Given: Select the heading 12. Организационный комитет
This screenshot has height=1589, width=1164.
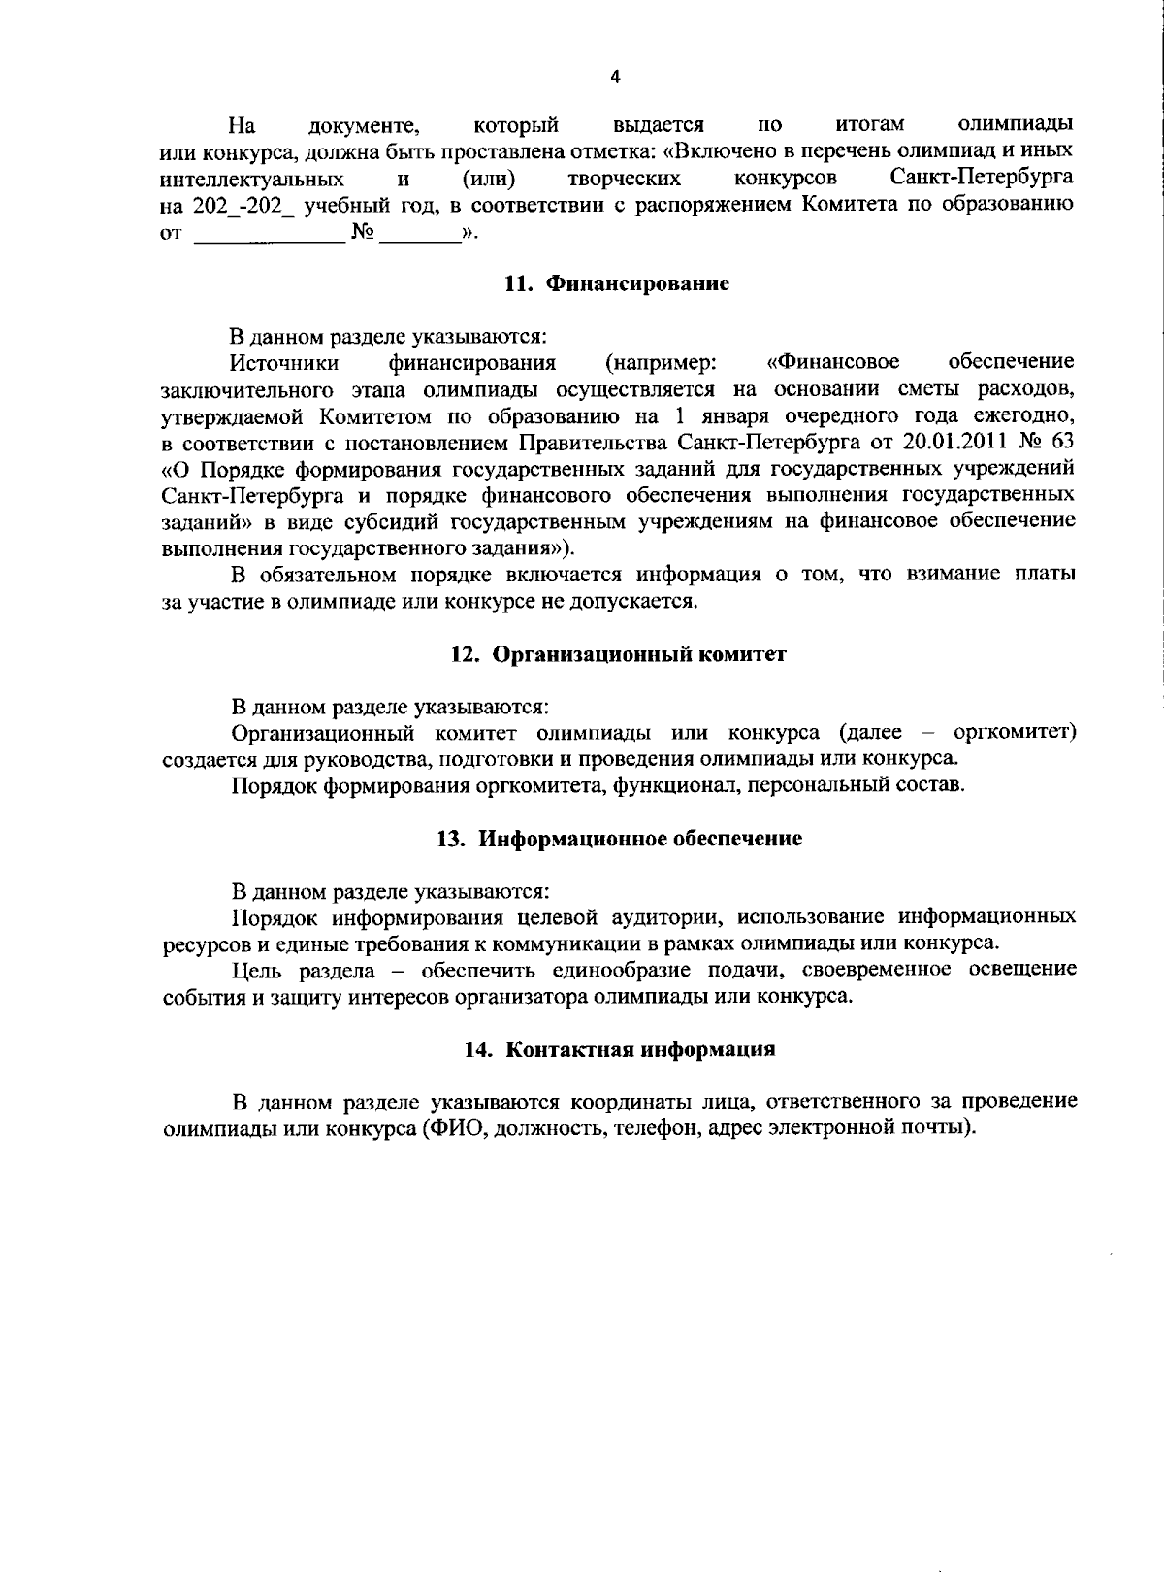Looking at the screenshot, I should pos(618,654).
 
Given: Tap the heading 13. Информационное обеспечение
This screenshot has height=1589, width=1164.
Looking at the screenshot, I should pos(619,839).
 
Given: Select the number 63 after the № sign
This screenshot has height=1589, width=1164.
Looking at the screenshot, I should pos(1060,443).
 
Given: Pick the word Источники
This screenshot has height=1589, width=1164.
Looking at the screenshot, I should pos(284,363).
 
